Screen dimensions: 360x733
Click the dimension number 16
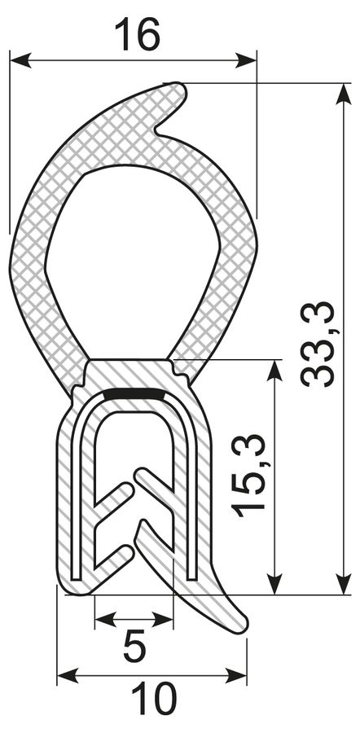point(137,34)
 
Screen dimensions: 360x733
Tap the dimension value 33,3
point(318,344)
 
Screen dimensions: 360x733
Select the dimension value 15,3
point(250,476)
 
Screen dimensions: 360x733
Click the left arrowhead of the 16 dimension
point(20,60)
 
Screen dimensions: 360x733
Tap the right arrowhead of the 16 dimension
point(245,60)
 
